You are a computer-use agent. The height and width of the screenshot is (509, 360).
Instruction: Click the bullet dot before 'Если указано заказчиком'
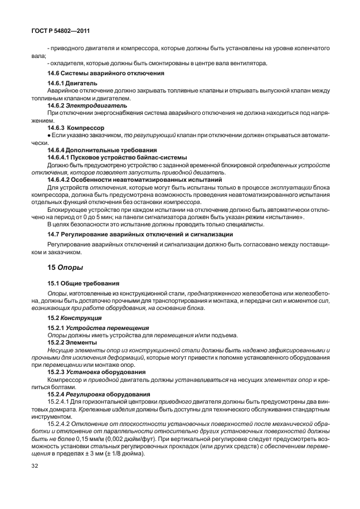click(x=49, y=135)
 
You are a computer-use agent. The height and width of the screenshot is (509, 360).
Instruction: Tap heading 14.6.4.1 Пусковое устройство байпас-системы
click(x=117, y=157)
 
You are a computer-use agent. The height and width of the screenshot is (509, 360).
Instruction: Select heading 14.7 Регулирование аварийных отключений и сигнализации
click(x=140, y=235)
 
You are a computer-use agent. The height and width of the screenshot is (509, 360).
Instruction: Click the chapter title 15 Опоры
click(x=65, y=268)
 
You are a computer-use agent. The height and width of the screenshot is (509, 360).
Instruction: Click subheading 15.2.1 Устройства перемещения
click(x=94, y=328)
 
